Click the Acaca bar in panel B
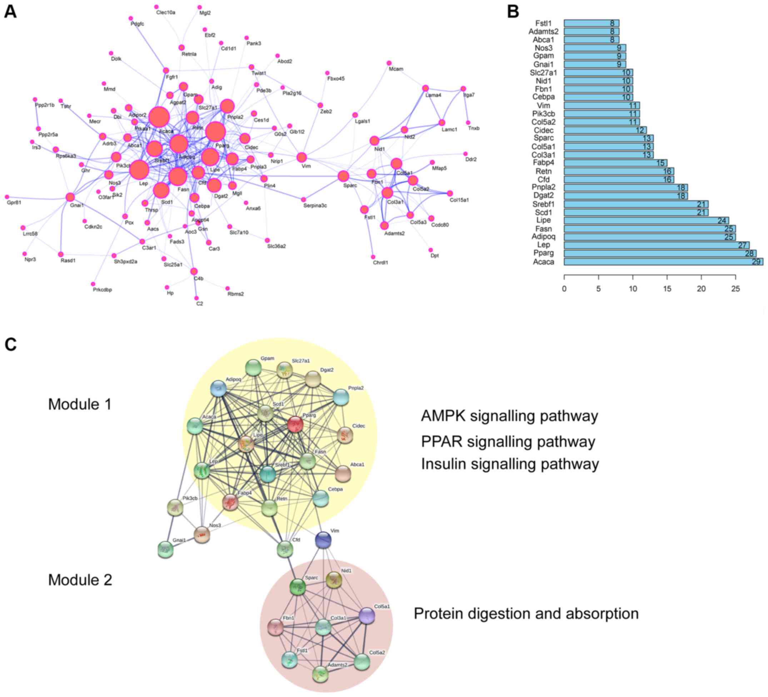click(x=663, y=261)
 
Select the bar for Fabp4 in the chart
click(x=615, y=163)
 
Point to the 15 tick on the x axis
click(x=667, y=289)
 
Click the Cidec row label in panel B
click(x=543, y=130)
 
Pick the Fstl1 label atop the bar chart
click(x=543, y=23)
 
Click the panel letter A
click(x=10, y=12)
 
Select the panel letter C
click(x=11, y=344)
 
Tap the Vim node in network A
click(x=301, y=157)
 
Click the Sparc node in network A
click(x=343, y=176)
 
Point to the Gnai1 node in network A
click(x=70, y=197)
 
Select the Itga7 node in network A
click(x=463, y=89)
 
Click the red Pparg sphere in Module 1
click(x=295, y=424)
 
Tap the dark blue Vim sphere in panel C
click(x=323, y=540)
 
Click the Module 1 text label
click(x=80, y=404)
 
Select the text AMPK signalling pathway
click(x=509, y=416)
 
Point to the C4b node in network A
click(x=194, y=271)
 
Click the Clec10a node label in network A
click(x=166, y=13)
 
